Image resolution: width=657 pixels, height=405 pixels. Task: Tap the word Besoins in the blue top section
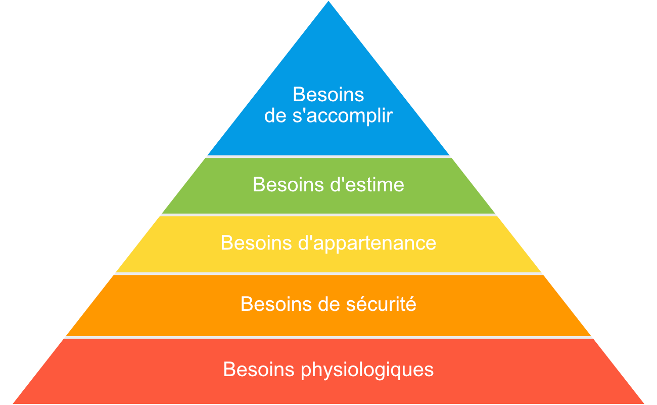click(329, 95)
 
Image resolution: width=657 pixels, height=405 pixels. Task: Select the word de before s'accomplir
click(276, 116)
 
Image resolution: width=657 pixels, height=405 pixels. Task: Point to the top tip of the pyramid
click(329, 2)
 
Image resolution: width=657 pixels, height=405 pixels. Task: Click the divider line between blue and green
click(329, 156)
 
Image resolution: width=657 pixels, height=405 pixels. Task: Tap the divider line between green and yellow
click(329, 215)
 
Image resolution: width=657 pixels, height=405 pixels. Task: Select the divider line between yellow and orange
click(329, 274)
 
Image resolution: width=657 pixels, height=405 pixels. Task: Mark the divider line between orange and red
click(329, 337)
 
